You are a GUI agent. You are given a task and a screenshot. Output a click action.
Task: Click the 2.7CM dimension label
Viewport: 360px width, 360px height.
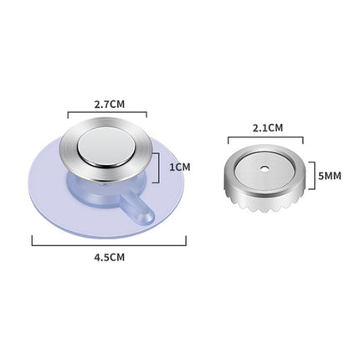(x=110, y=105)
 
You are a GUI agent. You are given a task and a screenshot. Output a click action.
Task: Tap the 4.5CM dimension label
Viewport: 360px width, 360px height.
(x=110, y=257)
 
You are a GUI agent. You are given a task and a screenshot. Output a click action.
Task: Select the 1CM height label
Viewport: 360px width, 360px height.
(x=180, y=167)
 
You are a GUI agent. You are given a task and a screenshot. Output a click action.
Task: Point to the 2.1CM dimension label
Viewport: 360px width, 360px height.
(x=268, y=128)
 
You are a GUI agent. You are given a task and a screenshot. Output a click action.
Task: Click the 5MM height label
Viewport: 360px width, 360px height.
(x=330, y=176)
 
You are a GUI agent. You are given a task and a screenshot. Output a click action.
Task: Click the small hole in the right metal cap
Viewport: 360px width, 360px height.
(x=264, y=168)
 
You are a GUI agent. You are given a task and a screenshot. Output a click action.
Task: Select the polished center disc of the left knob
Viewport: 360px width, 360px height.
(x=105, y=148)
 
